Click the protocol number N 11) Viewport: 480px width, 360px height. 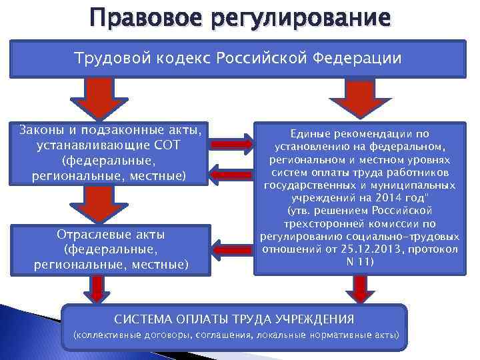(361, 261)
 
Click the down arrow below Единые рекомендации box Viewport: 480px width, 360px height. (361, 289)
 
